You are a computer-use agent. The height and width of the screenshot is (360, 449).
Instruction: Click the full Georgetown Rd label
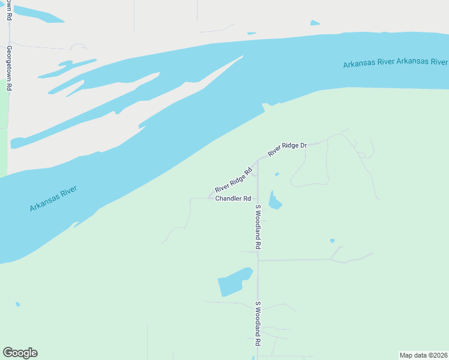10,68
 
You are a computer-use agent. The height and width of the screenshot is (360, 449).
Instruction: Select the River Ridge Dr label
288,149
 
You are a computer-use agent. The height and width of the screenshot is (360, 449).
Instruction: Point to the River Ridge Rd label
233,180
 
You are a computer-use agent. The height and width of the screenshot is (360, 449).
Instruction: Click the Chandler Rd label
233,199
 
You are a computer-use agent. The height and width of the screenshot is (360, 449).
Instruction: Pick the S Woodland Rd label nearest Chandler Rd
258,227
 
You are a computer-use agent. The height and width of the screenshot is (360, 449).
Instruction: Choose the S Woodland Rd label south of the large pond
258,323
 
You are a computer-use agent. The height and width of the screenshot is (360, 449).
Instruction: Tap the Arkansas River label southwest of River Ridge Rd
53,199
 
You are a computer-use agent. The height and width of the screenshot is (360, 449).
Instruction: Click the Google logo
20,353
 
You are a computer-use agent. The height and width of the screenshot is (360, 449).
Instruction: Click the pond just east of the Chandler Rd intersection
274,201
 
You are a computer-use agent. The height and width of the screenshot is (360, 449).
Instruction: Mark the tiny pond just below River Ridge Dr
277,175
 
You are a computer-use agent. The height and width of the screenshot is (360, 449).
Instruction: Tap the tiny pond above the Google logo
18,304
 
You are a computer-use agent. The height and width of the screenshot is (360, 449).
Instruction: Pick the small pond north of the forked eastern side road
333,241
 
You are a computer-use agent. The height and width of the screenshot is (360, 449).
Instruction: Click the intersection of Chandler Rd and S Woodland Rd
258,199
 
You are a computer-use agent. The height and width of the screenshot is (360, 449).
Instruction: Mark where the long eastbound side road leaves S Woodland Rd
258,260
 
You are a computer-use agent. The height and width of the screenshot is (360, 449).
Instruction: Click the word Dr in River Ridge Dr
303,145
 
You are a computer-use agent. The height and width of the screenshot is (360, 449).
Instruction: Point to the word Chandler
228,199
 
